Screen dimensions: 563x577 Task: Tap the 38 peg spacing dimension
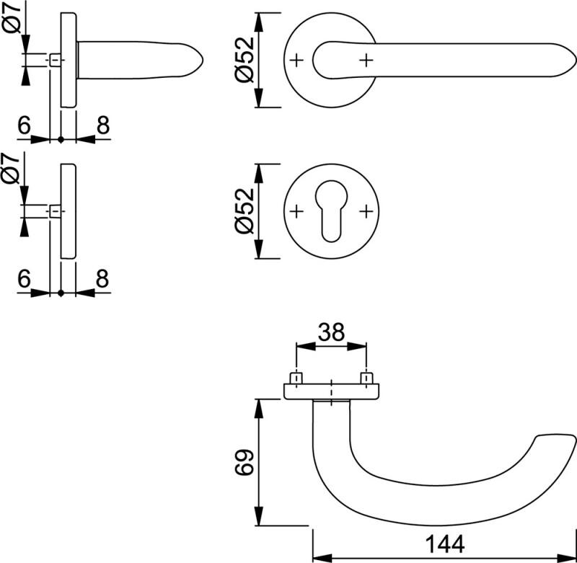(331, 332)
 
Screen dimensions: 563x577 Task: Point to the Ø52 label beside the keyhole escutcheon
(245, 210)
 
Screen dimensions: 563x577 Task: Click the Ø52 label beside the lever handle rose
(245, 60)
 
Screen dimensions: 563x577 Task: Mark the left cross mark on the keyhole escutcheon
(296, 210)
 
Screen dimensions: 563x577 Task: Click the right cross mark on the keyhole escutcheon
(366, 210)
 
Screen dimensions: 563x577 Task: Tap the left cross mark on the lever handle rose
(296, 60)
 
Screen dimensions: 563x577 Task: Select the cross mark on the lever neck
(366, 60)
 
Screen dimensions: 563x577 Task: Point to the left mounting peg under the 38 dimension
(296, 378)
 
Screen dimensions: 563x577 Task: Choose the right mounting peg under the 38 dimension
(366, 378)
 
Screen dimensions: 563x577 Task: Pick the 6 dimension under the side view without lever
(24, 279)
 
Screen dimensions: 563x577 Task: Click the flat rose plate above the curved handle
(331, 391)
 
